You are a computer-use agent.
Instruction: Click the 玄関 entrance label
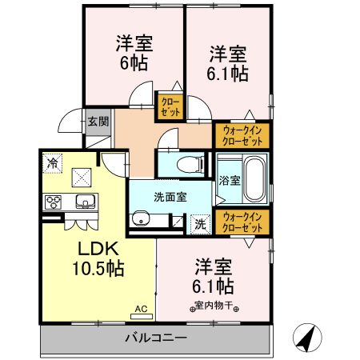click(x=95, y=122)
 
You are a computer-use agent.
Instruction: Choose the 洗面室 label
click(x=170, y=198)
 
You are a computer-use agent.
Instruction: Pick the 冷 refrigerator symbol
click(x=52, y=162)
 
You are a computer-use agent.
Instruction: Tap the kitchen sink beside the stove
click(x=85, y=202)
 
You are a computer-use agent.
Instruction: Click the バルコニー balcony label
click(x=156, y=338)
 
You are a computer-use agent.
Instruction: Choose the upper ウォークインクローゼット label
click(x=243, y=134)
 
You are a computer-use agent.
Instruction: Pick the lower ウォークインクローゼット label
click(x=243, y=222)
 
